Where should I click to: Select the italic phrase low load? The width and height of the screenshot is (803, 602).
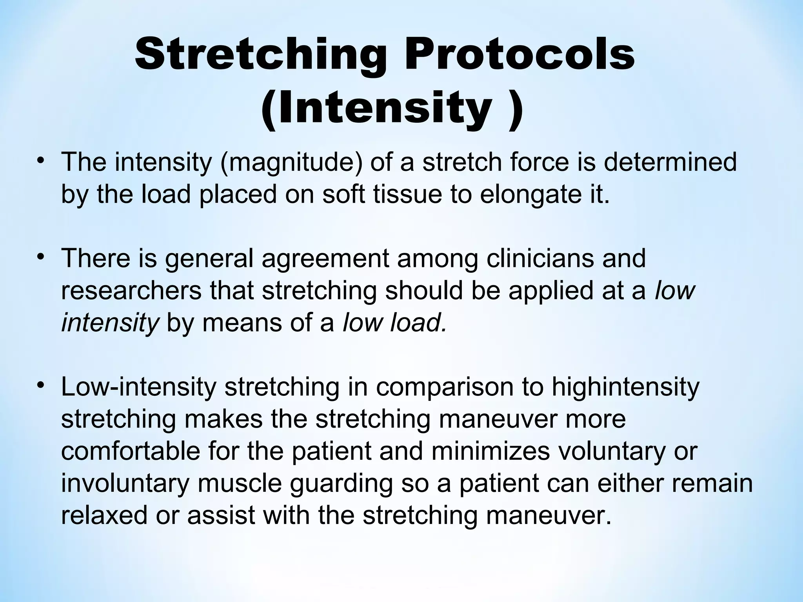click(394, 323)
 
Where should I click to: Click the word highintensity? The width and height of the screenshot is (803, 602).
click(625, 387)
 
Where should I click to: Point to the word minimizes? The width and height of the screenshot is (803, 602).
click(491, 451)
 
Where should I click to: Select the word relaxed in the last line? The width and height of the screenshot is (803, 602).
click(104, 515)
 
